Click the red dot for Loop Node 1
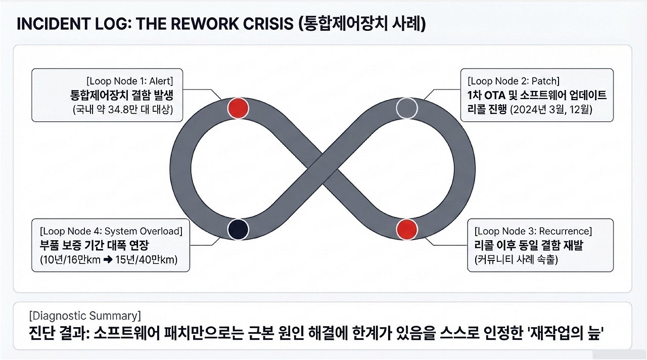coord(238,108)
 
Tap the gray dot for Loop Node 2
coord(407,108)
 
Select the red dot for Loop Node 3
coord(407,230)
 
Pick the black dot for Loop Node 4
coord(238,230)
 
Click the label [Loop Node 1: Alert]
coord(130,81)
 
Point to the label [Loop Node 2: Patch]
coord(514,81)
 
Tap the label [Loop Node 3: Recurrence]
coord(533,231)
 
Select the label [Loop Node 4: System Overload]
coord(111,231)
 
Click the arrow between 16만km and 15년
coord(108,260)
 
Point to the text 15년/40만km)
coord(147,260)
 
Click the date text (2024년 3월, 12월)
coord(551,110)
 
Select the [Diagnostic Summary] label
coord(85,316)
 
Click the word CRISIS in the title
coord(268,24)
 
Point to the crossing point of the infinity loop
coord(322,169)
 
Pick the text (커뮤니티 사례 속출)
coord(516,260)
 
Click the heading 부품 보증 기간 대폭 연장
coord(94,245)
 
